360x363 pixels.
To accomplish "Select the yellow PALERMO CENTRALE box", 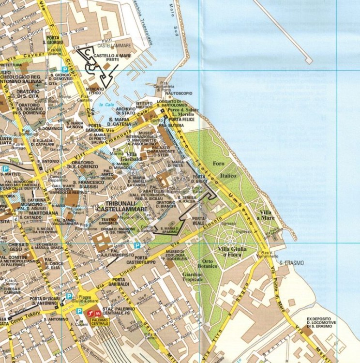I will [x=100, y=321].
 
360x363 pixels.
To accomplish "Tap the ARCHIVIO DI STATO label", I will [x=125, y=111].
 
